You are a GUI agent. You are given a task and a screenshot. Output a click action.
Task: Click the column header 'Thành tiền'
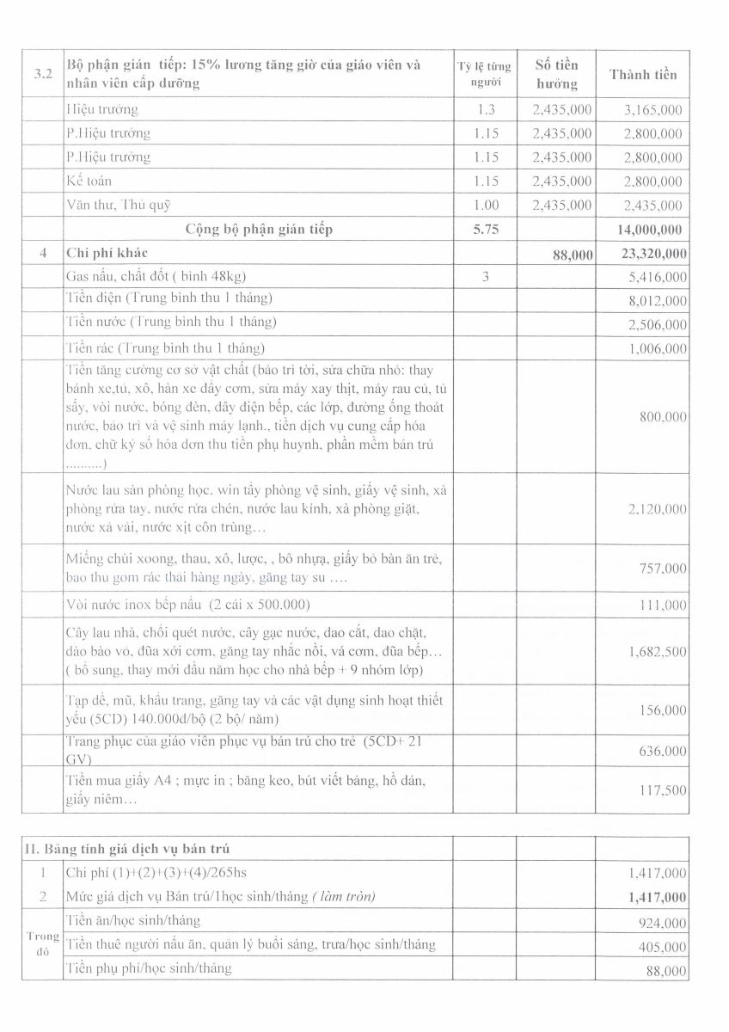[x=643, y=74]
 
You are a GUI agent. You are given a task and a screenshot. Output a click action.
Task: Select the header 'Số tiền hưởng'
[x=556, y=74]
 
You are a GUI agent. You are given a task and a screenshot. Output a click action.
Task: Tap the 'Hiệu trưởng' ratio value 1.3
[x=485, y=109]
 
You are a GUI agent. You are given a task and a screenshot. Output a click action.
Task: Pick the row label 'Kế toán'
[x=89, y=181]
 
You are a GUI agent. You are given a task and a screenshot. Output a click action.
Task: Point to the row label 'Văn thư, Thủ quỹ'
[x=119, y=205]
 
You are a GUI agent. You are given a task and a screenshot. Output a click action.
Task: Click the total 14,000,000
[x=649, y=229]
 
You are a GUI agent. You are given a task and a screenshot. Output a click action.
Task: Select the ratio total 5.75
[x=485, y=229]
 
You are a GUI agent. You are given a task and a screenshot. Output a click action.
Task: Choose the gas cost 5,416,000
[x=658, y=277]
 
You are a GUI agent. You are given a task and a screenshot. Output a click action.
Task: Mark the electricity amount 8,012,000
[x=658, y=301]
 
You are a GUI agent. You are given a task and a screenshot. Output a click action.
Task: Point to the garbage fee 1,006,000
[x=658, y=348]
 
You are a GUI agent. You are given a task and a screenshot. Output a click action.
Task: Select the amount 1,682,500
[x=658, y=651]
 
